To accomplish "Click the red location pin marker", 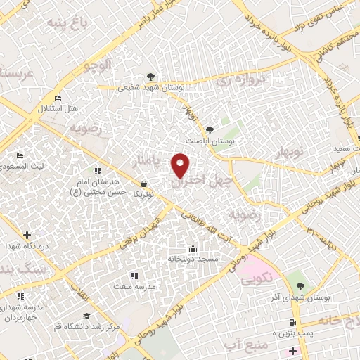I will (182, 165).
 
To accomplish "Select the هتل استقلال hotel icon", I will (58, 98).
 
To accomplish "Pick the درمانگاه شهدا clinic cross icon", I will (27, 235).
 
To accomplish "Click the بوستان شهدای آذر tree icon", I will (300, 285).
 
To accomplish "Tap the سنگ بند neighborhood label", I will (22, 270).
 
